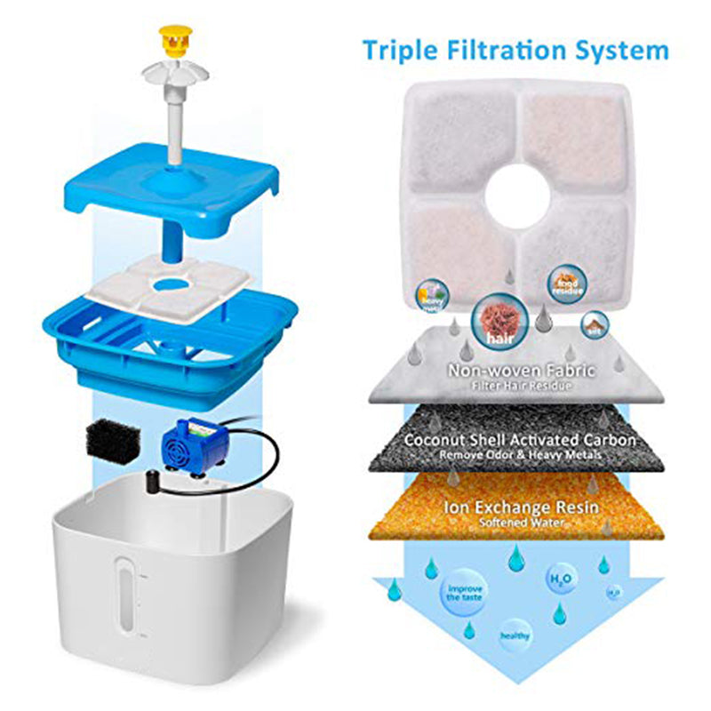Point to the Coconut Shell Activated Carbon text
tap(520, 440)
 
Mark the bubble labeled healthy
tap(515, 635)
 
